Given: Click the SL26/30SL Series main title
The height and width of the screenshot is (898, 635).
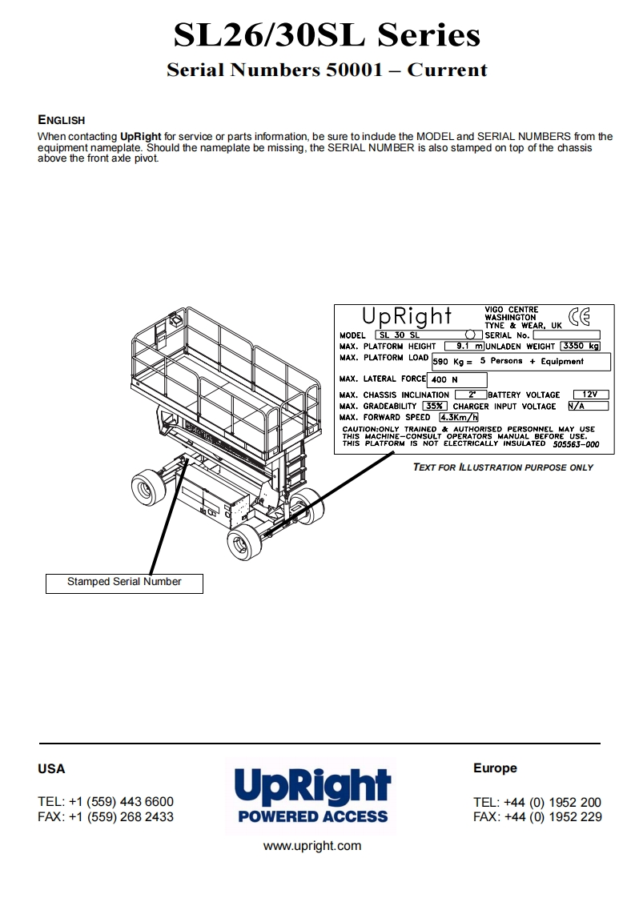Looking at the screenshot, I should point(327,35).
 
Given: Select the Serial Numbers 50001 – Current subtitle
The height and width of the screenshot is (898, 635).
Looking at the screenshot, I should point(327,70).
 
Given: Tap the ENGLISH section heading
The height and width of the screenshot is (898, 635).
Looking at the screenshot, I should point(61,120).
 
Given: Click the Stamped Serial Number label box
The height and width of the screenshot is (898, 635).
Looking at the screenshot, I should point(124,583).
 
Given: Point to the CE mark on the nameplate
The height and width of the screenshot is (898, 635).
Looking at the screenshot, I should point(578,318).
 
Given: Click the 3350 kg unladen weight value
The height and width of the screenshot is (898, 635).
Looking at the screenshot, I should point(580,347).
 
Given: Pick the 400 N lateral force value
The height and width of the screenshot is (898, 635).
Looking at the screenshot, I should point(457,379).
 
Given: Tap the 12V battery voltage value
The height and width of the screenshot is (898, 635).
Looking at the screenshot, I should point(590,395).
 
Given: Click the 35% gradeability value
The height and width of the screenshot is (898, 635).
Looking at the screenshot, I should point(435,406).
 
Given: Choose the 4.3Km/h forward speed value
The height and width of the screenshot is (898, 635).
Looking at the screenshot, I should point(458,417).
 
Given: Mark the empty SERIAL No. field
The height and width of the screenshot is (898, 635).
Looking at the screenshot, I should point(565,335).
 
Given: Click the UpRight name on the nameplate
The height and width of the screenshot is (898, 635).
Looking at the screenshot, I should point(407,317).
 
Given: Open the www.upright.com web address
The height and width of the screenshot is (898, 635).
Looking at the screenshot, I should point(312,846).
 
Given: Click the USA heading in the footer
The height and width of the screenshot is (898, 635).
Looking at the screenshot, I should point(51,769).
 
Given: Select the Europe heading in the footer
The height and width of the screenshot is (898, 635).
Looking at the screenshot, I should point(495,768).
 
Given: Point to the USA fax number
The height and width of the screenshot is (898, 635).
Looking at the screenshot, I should point(106,817).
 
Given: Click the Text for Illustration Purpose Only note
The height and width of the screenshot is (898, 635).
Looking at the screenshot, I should point(503,467).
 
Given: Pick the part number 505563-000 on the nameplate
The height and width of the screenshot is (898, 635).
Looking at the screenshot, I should point(576,443).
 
